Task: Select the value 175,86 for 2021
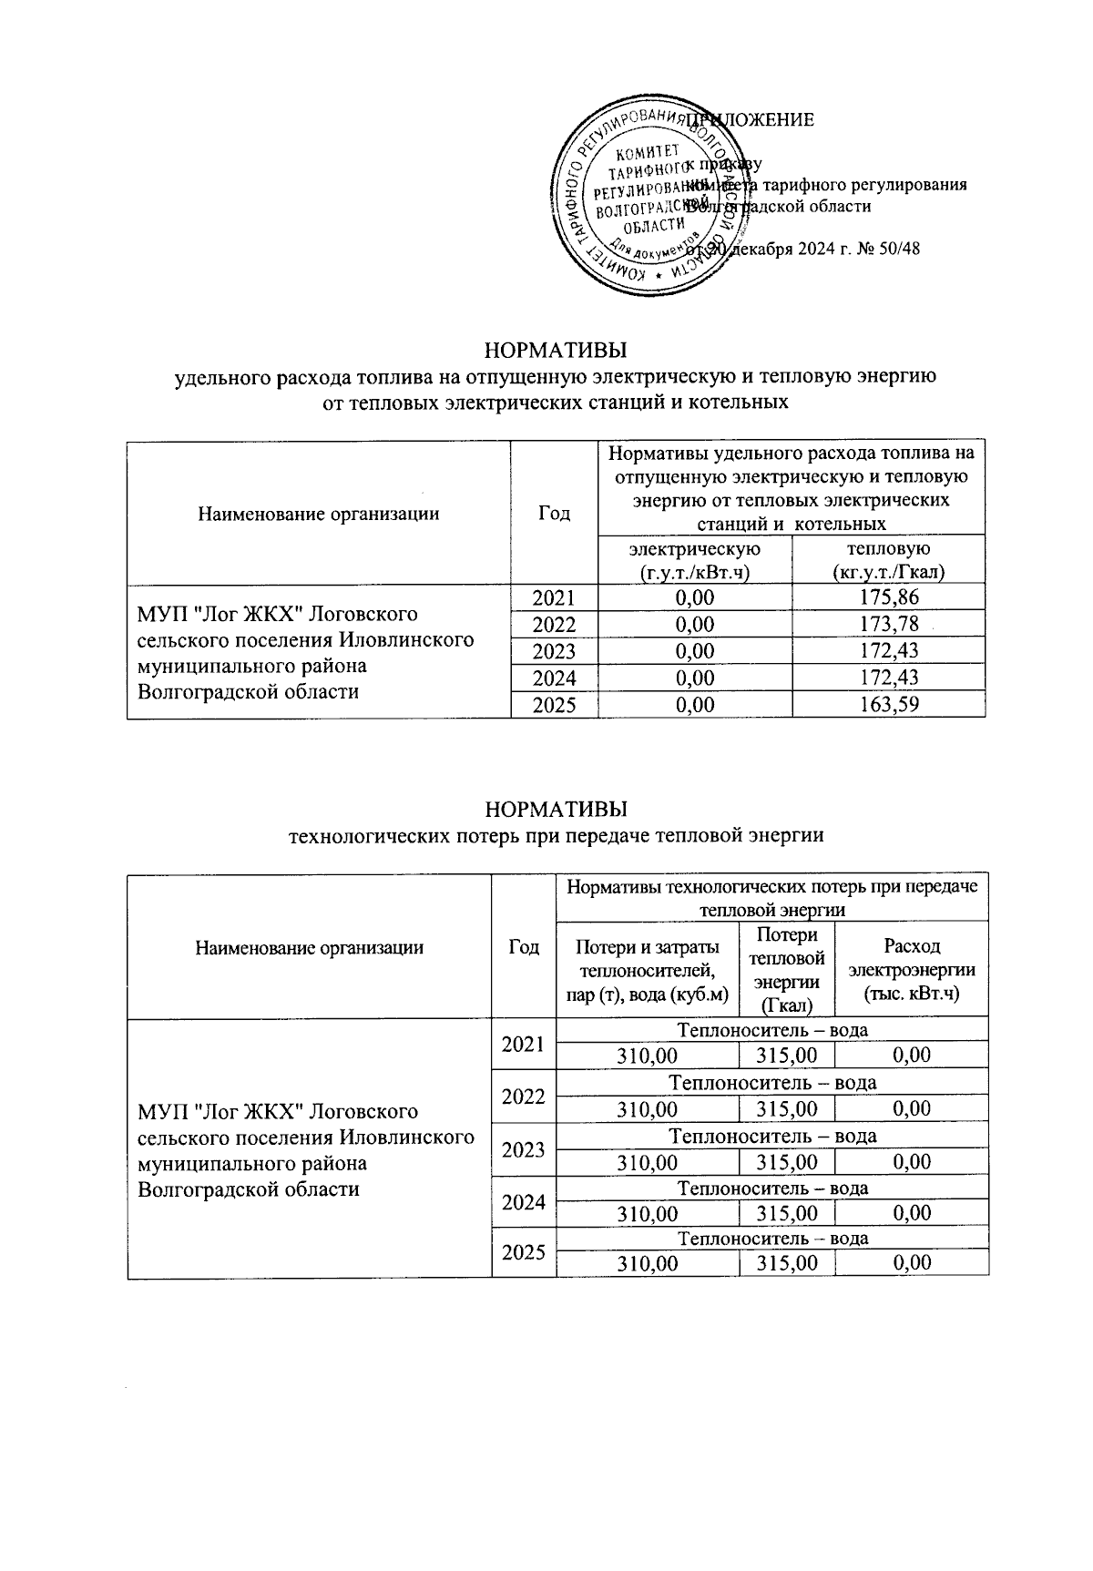click(888, 597)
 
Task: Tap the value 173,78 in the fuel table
click(888, 625)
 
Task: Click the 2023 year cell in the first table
click(554, 651)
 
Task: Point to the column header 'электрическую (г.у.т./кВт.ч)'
click(695, 560)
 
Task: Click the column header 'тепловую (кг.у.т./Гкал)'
click(888, 560)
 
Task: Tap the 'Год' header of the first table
click(554, 514)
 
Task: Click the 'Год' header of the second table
click(523, 947)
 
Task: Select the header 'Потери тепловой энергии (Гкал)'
click(786, 970)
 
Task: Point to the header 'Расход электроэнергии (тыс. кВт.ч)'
click(911, 970)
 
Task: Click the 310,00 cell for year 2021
click(648, 1056)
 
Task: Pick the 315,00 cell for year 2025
click(786, 1263)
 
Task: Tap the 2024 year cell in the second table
click(523, 1202)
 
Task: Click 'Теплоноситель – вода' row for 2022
click(772, 1083)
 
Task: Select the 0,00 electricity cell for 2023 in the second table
click(911, 1162)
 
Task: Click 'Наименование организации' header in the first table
click(318, 514)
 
